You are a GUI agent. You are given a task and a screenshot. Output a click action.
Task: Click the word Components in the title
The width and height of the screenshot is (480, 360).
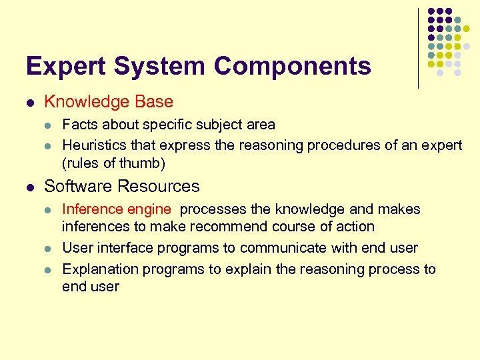point(293,66)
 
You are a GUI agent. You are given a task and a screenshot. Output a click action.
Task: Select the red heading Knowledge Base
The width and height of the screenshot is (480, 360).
point(108,102)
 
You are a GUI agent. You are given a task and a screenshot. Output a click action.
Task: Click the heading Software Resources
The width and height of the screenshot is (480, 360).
point(121,186)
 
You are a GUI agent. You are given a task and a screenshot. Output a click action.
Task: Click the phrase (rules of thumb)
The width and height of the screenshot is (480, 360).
point(113,163)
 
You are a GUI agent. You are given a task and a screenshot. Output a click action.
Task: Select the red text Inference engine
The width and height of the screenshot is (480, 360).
point(116,209)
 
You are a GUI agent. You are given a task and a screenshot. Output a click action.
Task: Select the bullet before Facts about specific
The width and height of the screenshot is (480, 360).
point(47,125)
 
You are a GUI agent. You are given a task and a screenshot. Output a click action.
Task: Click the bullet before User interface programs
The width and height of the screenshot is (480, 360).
point(47,249)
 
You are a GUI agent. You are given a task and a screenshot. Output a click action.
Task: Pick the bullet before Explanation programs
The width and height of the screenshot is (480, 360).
point(47,270)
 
